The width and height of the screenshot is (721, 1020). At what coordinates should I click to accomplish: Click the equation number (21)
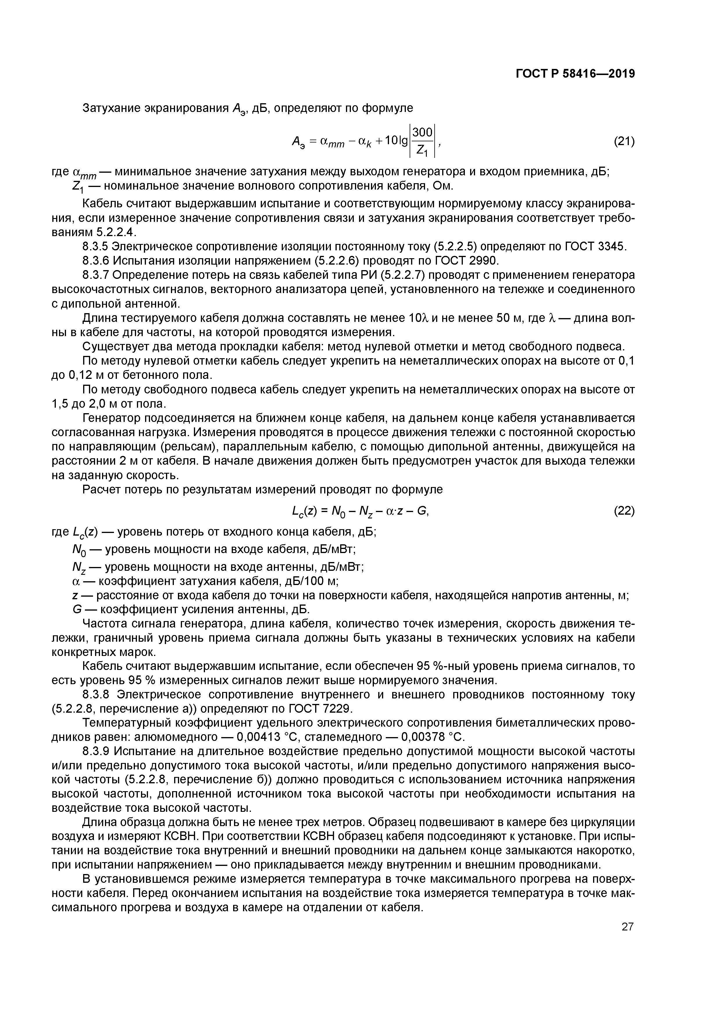coord(624,141)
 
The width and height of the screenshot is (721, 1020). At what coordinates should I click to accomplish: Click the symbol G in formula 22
coord(422,511)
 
